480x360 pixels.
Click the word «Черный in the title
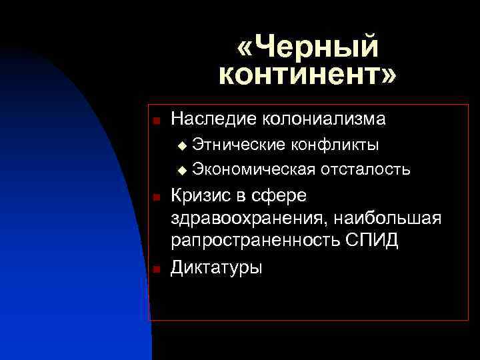tap(307, 47)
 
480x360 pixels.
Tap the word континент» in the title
tap(307, 75)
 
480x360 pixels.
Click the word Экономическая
tap(253, 169)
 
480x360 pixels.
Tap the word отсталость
tap(365, 169)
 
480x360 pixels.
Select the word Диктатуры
tap(217, 267)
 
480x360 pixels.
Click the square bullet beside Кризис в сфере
tap(155, 197)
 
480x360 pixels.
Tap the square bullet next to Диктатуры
tap(155, 269)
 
